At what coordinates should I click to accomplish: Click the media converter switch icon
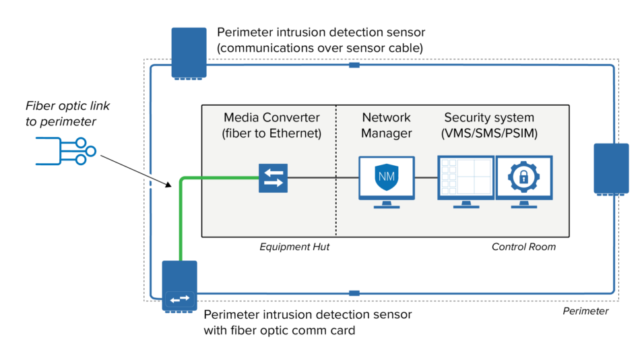coord(274,178)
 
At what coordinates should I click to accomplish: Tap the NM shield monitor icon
coord(387,178)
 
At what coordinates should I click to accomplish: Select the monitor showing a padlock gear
coord(524,178)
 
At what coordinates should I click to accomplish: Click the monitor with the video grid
coord(466,178)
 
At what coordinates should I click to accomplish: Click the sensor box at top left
coord(189,53)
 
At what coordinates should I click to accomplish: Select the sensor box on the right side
coord(611,169)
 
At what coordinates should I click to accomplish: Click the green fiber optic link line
coord(181,222)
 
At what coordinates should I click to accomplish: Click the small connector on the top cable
coord(354,65)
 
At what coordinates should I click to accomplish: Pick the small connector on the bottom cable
coord(354,293)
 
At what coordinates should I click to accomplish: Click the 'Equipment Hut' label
coord(294,247)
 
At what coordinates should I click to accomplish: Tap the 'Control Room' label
coord(523,247)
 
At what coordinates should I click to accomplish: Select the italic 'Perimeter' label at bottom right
coord(585,311)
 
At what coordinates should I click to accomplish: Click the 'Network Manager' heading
coord(386,125)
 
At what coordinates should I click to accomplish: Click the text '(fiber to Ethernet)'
coord(271,133)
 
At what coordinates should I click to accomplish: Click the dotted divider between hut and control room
coord(336,202)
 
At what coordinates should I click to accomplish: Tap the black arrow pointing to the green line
coord(135,173)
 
